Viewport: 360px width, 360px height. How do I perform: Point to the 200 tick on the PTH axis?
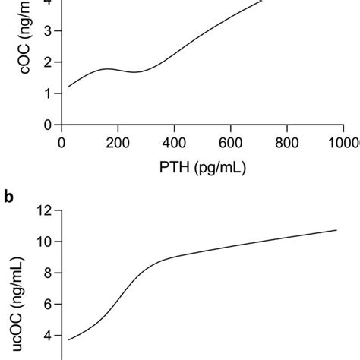118,142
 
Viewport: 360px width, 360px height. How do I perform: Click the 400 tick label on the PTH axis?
175,142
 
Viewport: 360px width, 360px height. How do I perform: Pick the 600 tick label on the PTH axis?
231,142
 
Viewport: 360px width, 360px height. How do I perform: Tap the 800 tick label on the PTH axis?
287,142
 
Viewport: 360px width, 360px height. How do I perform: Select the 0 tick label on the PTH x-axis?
62,142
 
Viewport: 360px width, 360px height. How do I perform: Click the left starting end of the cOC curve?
68,87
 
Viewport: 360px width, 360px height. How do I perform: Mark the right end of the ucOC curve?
336,230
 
